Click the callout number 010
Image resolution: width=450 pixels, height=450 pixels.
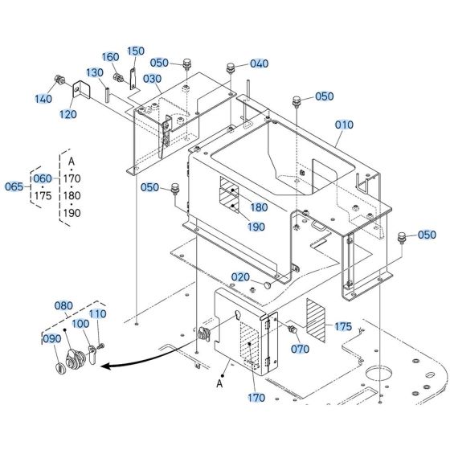click(x=344, y=125)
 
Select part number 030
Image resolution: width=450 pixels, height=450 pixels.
click(x=153, y=79)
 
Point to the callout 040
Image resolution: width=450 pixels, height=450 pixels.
click(x=259, y=63)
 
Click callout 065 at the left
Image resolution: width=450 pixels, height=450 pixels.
click(x=14, y=186)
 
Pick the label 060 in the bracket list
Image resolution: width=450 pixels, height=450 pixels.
click(x=42, y=178)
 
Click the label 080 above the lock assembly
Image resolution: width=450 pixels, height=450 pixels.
click(x=64, y=306)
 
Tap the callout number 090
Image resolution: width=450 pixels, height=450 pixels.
click(x=51, y=338)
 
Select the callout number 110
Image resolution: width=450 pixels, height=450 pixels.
click(x=97, y=313)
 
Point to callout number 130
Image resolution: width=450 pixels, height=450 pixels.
click(x=96, y=72)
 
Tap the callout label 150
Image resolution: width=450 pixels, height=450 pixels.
click(x=136, y=51)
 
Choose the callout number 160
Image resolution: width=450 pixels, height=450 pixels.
click(x=110, y=57)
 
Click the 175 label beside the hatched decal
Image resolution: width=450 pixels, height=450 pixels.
click(x=343, y=326)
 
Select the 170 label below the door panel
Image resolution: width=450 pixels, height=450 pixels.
click(x=256, y=396)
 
